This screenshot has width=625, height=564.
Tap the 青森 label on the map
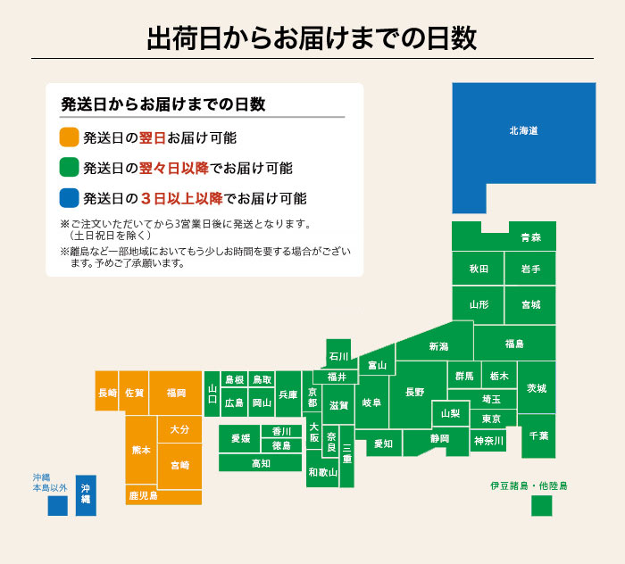[530, 237]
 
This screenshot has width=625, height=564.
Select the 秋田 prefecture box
[478, 269]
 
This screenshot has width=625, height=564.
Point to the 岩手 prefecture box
[530, 269]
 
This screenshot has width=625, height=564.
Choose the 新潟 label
[438, 346]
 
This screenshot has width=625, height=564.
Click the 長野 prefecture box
[415, 392]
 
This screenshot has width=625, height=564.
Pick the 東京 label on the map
[491, 419]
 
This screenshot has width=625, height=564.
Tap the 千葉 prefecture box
[538, 435]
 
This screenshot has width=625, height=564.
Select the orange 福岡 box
[175, 393]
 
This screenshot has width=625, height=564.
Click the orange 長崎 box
[107, 393]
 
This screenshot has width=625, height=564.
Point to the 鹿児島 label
[143, 495]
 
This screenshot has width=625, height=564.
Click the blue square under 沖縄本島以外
[57, 505]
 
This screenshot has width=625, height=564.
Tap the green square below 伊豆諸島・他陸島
[541, 505]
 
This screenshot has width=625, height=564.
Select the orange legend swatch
[70, 137]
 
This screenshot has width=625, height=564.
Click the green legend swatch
[70, 168]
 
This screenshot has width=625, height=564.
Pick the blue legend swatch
[70, 198]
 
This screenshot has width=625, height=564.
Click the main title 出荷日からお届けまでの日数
[312, 38]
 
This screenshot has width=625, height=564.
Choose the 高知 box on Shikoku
[261, 463]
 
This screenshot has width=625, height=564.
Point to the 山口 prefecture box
[212, 394]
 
